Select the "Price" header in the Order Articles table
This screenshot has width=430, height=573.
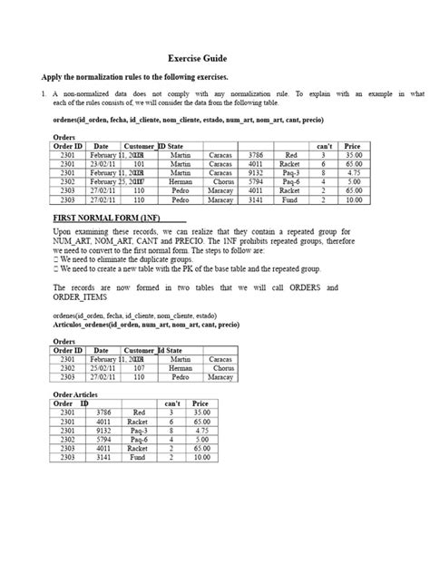click(200, 403)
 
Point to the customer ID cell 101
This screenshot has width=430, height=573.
click(139, 164)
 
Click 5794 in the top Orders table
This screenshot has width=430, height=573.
click(256, 181)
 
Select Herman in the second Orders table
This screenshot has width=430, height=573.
click(181, 368)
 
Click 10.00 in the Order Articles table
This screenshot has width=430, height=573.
click(200, 458)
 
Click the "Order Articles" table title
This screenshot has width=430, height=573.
click(78, 394)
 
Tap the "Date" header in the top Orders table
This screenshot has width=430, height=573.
click(101, 146)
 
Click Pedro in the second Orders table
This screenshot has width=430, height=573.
click(181, 377)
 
